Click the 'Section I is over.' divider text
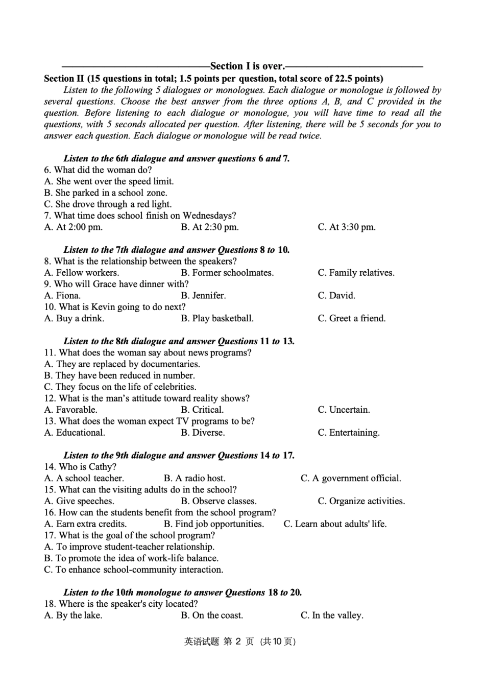248,66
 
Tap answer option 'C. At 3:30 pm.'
346,227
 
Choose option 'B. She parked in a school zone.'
106,193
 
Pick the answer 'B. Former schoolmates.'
227,273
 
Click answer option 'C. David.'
336,296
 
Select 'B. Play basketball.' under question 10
217,319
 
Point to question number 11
50,353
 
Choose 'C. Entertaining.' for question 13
348,433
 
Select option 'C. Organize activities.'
361,501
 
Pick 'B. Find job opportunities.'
214,524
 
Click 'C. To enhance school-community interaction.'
134,570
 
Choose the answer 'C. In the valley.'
332,616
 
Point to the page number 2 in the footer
238,642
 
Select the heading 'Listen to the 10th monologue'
123,593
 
